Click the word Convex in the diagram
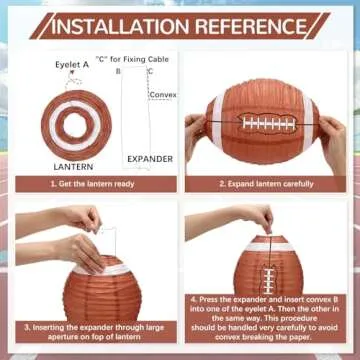click(163, 95)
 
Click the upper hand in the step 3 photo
click(80, 216)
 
